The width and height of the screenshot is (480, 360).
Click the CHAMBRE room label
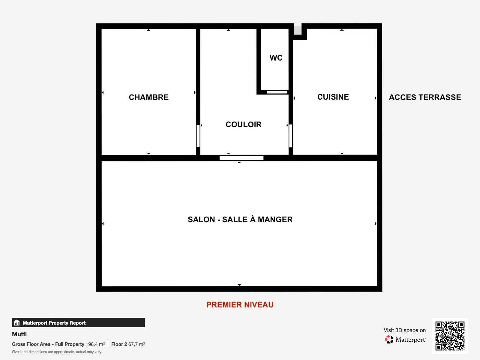pyautogui.click(x=148, y=97)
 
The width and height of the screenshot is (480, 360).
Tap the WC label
pyautogui.click(x=276, y=58)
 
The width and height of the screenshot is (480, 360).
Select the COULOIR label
pyautogui.click(x=243, y=124)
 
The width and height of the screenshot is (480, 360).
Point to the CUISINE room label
pyautogui.click(x=333, y=97)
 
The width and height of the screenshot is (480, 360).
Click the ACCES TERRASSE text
pyautogui.click(x=425, y=97)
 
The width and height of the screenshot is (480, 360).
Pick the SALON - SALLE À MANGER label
pyautogui.click(x=240, y=220)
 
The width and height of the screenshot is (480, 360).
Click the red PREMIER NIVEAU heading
pyautogui.click(x=240, y=305)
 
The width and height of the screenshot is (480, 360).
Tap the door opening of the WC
pyautogui.click(x=277, y=92)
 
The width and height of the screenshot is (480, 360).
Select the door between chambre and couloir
pyautogui.click(x=198, y=136)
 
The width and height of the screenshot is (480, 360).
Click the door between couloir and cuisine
pyautogui.click(x=291, y=136)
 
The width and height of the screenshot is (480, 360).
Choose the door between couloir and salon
pyautogui.click(x=241, y=158)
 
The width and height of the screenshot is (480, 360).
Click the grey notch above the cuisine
pyautogui.click(x=298, y=30)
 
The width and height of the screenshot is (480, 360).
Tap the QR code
pyautogui.click(x=450, y=336)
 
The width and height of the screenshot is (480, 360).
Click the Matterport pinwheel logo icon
pyautogui.click(x=389, y=340)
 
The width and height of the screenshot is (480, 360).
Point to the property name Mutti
pyautogui.click(x=19, y=334)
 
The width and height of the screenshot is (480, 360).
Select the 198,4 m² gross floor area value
pyautogui.click(x=95, y=344)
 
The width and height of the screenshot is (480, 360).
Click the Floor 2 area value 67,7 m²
pyautogui.click(x=136, y=344)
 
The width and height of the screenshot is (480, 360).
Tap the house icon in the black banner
pyautogui.click(x=17, y=322)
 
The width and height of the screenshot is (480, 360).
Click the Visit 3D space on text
pyautogui.click(x=405, y=330)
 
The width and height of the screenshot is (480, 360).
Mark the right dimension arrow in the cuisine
pyautogui.click(x=376, y=98)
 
